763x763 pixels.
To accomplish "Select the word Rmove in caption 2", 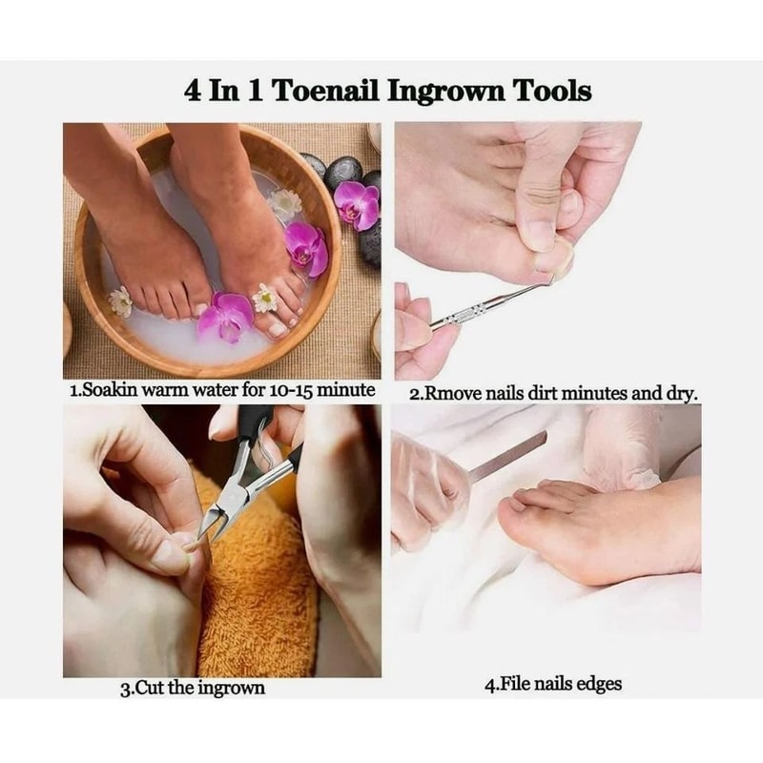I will pos(452,393).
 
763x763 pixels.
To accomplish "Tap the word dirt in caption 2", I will pos(557,393).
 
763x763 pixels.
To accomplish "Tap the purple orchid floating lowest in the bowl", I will pos(225,317).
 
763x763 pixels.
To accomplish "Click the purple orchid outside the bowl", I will pos(357,204).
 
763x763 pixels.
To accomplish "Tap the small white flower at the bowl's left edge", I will pos(120,302).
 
